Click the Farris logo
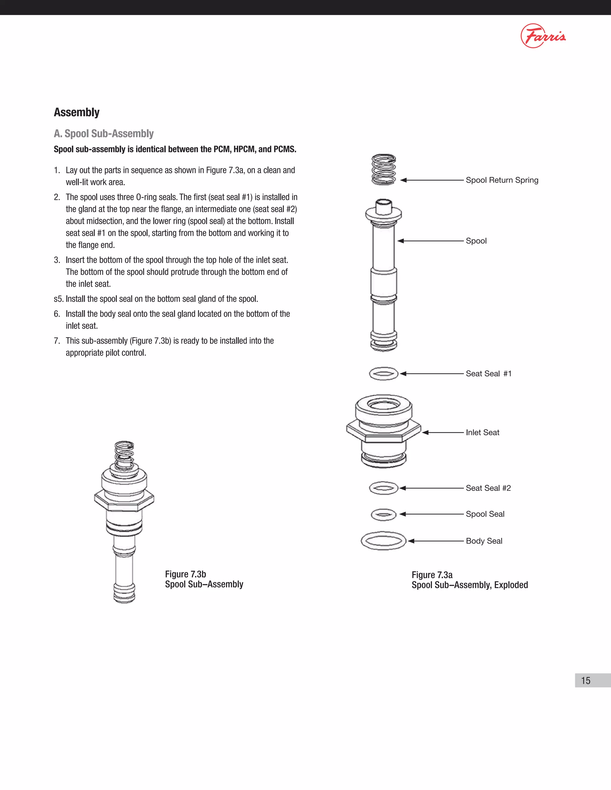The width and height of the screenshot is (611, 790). click(543, 36)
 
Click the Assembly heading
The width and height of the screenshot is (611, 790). click(77, 112)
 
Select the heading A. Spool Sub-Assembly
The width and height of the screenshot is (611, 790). click(104, 134)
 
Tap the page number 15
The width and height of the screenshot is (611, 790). click(586, 680)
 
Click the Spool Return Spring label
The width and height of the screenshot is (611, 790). click(502, 180)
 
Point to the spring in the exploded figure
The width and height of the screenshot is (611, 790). click(384, 169)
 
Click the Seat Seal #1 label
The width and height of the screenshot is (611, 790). click(488, 374)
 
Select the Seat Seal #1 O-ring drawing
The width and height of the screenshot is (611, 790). click(384, 374)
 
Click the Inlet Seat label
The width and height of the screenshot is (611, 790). click(482, 433)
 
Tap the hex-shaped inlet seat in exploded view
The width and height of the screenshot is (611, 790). click(384, 430)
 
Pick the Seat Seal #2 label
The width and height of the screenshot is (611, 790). click(488, 488)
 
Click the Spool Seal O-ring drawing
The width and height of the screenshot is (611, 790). click(384, 514)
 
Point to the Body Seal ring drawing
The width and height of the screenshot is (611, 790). click(384, 541)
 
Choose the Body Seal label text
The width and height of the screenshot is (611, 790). click(484, 541)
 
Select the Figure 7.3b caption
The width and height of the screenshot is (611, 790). click(204, 579)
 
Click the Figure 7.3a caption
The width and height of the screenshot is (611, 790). click(470, 580)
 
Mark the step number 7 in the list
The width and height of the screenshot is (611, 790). click(56, 341)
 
